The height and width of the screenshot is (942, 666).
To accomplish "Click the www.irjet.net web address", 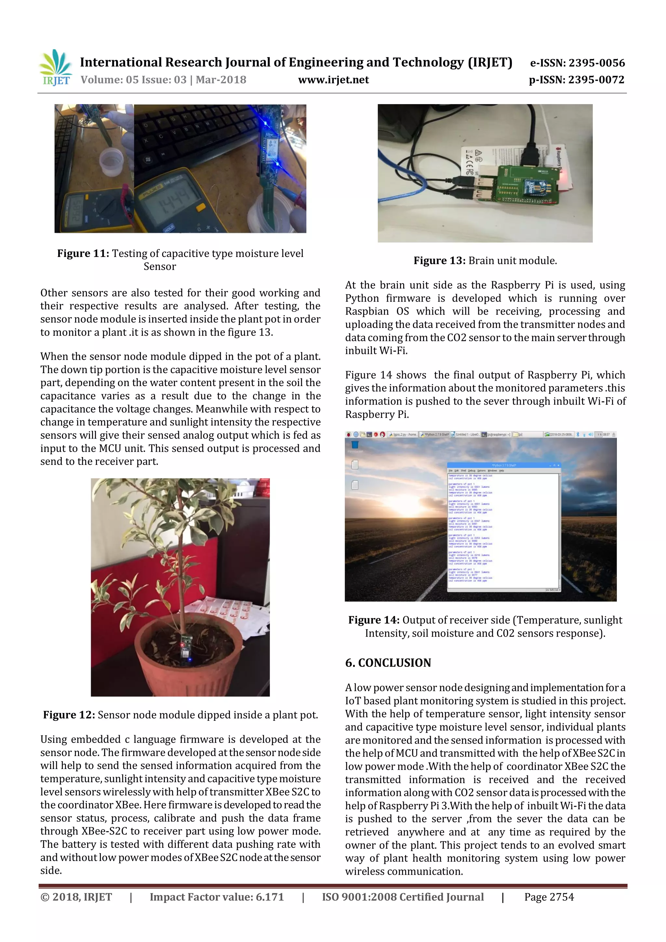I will [333, 80].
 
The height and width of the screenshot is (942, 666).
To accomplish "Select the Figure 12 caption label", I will [69, 715].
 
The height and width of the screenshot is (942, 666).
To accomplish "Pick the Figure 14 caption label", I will [374, 620].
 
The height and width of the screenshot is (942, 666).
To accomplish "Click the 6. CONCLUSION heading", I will [388, 663].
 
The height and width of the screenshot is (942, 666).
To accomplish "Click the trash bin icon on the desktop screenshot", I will [355, 445].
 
